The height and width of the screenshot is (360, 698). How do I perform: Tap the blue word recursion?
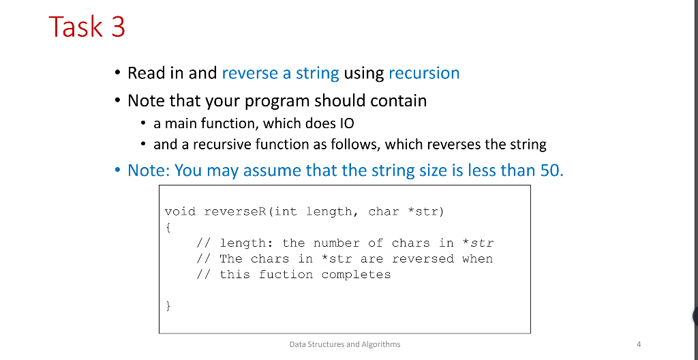(x=424, y=73)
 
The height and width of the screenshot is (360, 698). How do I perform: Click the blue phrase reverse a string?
(x=280, y=73)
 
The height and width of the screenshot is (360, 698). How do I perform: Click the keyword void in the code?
(x=180, y=211)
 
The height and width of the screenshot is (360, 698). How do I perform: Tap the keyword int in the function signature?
(x=286, y=211)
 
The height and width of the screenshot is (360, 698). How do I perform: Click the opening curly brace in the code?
(x=168, y=227)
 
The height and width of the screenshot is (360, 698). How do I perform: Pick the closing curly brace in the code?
(x=168, y=306)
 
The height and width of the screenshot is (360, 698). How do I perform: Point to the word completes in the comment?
(x=356, y=275)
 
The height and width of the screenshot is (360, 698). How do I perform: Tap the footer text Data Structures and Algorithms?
(x=345, y=344)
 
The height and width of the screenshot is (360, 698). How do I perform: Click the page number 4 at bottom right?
(x=638, y=344)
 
